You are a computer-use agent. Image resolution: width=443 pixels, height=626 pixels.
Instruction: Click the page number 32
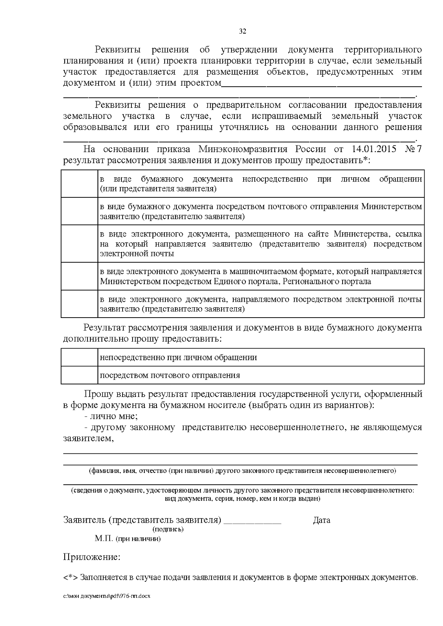243,31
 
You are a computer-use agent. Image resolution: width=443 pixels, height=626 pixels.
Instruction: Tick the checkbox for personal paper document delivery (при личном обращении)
79,184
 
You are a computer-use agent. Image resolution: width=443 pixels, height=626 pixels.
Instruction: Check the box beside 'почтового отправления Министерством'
79,211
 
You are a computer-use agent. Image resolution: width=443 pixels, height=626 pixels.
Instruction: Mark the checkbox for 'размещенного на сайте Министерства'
79,244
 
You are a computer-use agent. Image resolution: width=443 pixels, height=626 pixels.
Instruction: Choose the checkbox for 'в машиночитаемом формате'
79,276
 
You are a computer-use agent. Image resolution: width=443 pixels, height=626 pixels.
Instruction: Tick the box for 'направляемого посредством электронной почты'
79,304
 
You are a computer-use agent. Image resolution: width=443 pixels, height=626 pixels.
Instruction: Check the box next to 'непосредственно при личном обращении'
79,357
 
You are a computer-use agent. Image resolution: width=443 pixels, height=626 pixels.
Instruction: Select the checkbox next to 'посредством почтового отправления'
79,375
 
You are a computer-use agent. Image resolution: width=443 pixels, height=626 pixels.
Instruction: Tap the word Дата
322,520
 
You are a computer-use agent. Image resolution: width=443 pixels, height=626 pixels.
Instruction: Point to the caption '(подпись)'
168,529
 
